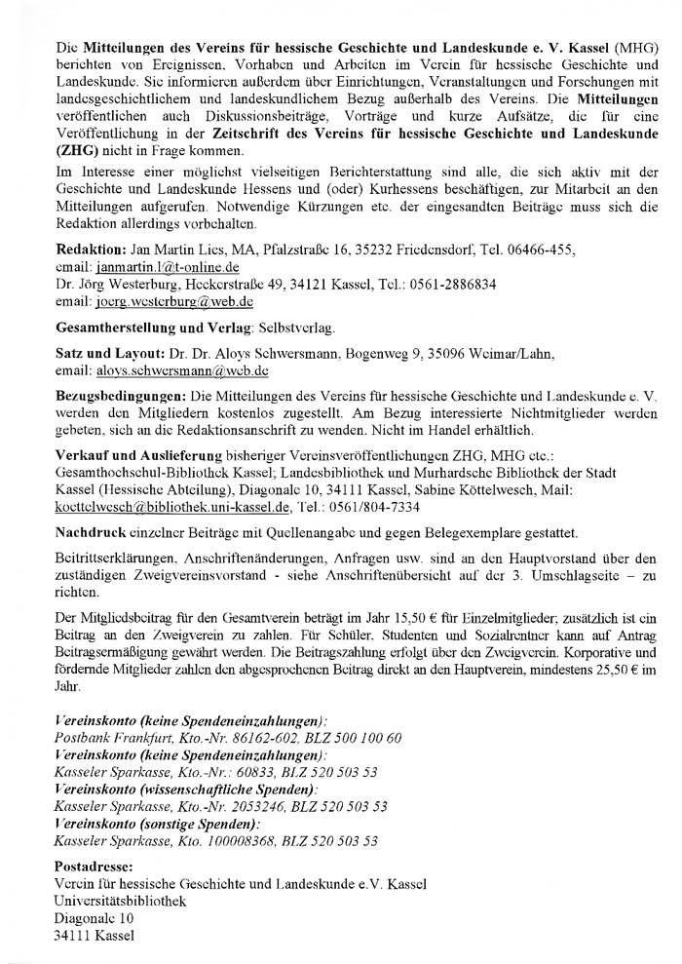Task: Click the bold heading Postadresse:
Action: coord(94,866)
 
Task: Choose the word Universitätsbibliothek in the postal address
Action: coord(121,901)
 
